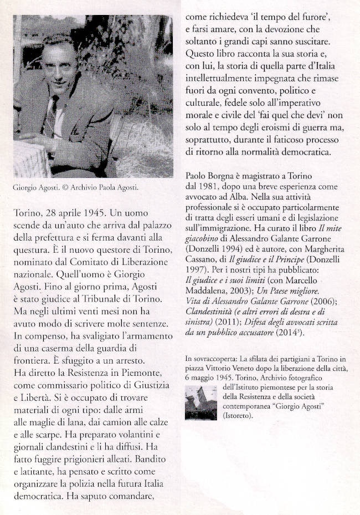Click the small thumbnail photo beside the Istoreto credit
[201, 403]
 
